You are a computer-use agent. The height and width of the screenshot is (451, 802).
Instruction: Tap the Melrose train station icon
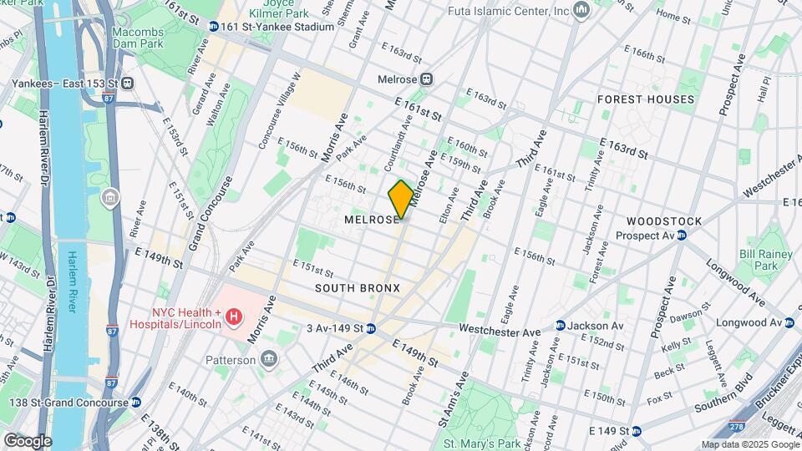(x=427, y=79)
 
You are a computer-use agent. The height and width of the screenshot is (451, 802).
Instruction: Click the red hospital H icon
(x=234, y=317)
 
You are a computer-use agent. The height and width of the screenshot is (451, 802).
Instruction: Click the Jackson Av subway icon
(x=560, y=326)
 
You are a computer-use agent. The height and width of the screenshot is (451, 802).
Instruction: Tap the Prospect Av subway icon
(x=682, y=235)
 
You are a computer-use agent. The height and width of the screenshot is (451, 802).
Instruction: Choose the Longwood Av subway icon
(x=789, y=322)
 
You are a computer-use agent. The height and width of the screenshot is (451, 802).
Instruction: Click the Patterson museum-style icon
(x=269, y=360)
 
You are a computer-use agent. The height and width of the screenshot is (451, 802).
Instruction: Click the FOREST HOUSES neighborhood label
(x=646, y=99)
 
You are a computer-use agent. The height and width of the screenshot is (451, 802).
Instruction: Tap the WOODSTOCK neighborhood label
(x=664, y=220)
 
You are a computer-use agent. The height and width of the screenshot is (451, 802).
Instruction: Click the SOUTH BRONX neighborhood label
(x=358, y=288)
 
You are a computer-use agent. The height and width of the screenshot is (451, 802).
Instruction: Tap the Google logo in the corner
(x=27, y=441)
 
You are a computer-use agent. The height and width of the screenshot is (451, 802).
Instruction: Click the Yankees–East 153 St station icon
(x=128, y=83)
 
